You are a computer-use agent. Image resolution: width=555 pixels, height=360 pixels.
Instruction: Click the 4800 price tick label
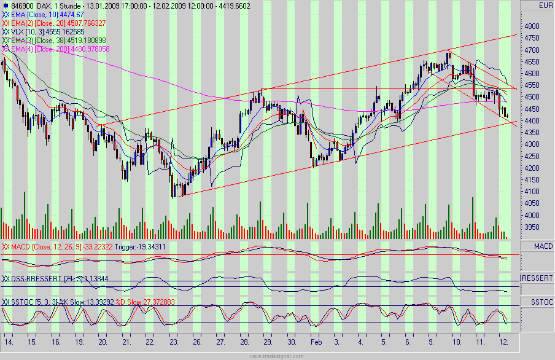(532, 26)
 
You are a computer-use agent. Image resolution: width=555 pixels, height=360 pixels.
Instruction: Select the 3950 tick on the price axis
(532, 227)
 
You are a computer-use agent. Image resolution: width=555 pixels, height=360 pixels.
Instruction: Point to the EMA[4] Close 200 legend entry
(56, 49)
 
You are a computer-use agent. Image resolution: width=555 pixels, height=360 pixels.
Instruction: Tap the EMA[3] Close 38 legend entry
(56, 40)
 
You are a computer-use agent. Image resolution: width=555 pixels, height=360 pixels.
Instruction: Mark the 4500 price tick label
(532, 97)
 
